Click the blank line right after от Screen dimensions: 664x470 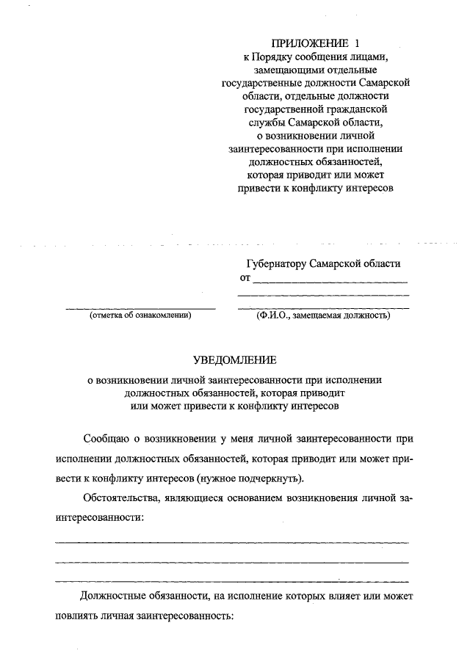click(x=330, y=282)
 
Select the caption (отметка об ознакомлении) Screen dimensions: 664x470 click(x=140, y=315)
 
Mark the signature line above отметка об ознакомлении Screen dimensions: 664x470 click(x=140, y=307)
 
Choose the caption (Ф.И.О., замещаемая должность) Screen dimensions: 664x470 click(x=323, y=315)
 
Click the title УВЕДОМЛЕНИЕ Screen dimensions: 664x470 click(x=234, y=360)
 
